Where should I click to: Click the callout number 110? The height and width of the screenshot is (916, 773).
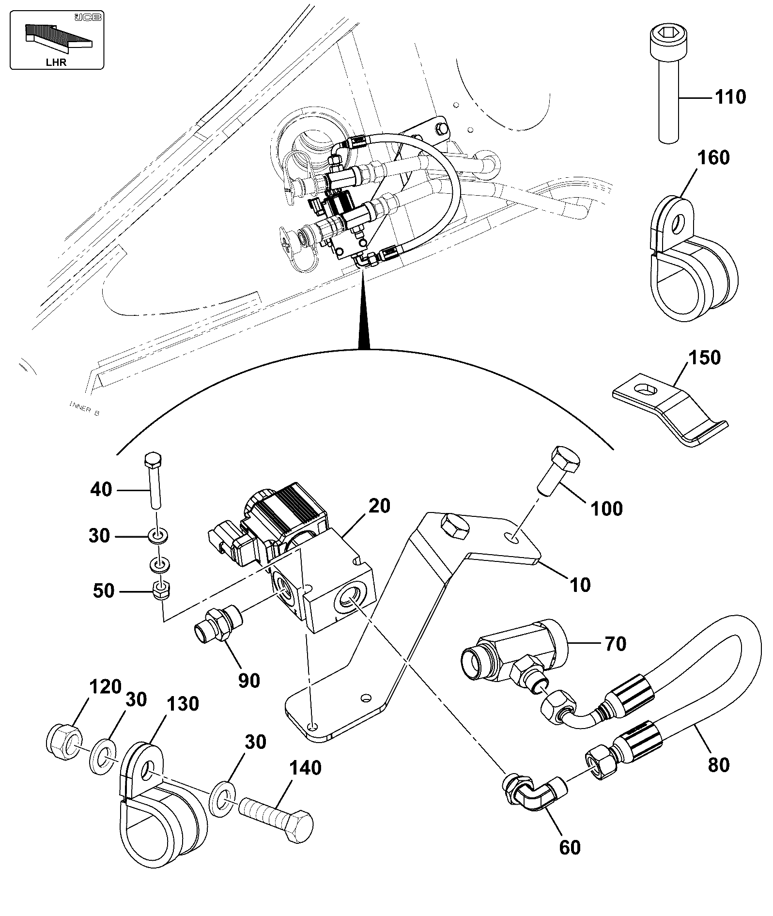pos(730,97)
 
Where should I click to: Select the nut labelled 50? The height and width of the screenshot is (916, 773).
pos(161,591)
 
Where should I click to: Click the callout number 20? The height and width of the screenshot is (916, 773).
pos(379,506)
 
